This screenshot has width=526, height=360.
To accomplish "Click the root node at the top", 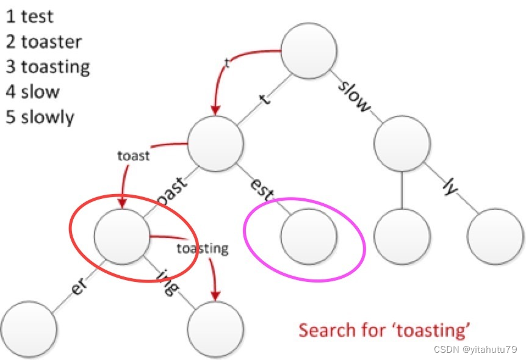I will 309,50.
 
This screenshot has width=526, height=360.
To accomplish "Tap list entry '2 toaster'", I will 44,41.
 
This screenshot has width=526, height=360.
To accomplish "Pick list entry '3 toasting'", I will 48,67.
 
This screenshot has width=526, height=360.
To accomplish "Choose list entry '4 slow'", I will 33,92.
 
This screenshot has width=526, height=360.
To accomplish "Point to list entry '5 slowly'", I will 40,117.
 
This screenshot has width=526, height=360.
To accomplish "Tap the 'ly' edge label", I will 449,187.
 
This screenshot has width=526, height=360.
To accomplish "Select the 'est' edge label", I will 261,189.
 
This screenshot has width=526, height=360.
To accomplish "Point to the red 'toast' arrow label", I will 133,156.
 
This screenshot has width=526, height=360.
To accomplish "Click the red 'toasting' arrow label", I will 203,248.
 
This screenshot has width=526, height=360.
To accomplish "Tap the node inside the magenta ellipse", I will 309,237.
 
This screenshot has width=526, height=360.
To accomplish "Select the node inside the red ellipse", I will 122,237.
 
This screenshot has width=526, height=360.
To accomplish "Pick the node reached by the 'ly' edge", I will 495,237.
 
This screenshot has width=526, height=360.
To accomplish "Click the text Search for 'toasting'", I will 384,330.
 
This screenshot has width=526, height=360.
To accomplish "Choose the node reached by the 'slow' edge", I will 402,144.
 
